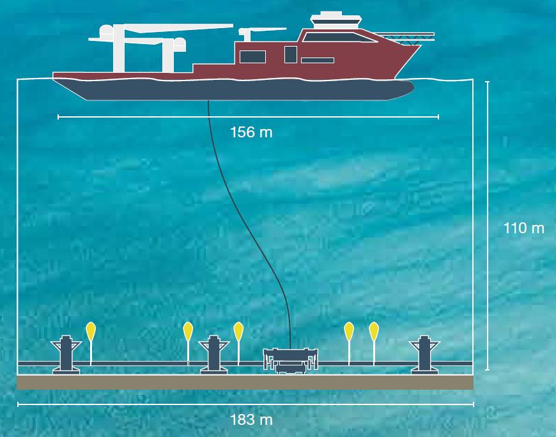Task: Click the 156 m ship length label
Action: (251, 132)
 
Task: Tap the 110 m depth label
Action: (523, 227)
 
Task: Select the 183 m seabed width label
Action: (251, 420)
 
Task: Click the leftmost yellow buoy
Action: (91, 331)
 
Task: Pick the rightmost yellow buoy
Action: (374, 331)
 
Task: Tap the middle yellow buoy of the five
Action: (238, 331)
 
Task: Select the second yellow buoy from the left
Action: (188, 331)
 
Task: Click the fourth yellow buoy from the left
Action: (349, 331)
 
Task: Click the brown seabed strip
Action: (245, 382)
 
